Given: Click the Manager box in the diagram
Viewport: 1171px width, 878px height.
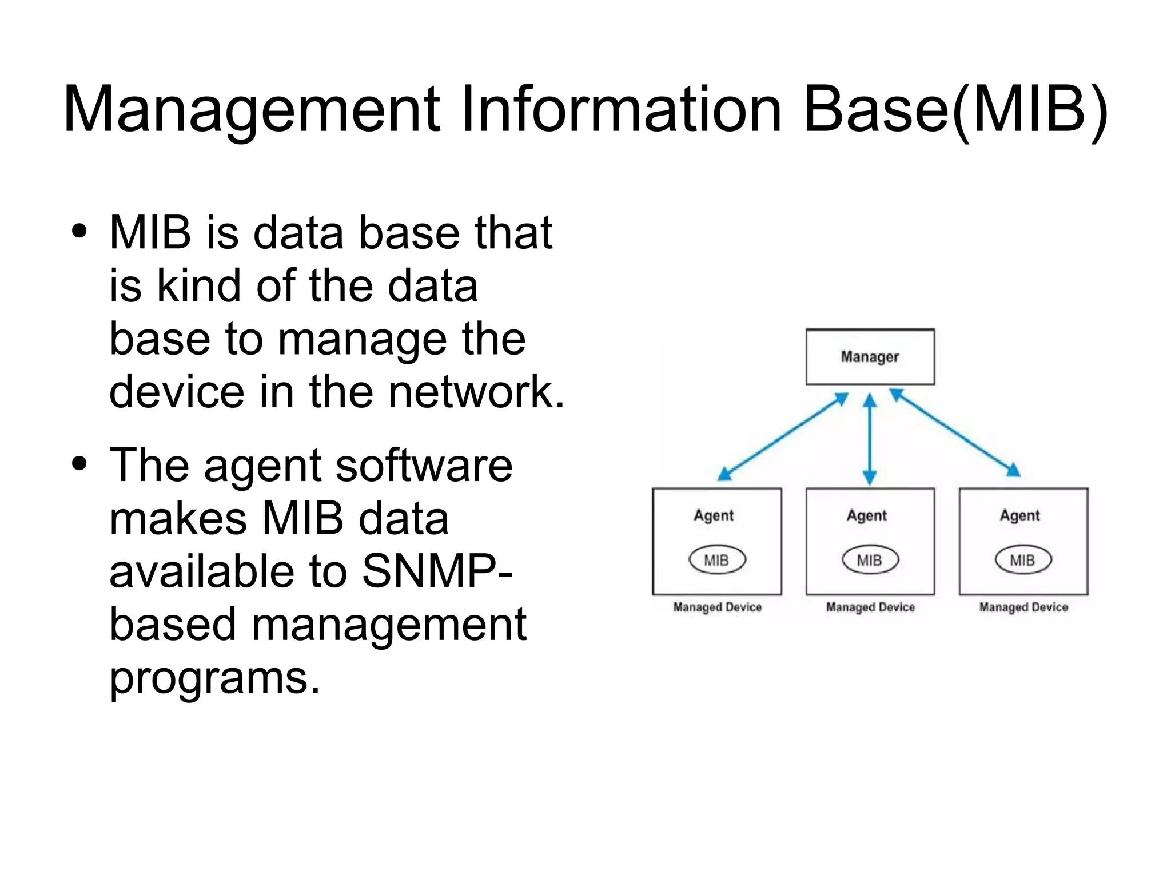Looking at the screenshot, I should pyautogui.click(x=870, y=357).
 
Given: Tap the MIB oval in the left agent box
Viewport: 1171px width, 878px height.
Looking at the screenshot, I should pyautogui.click(x=717, y=560).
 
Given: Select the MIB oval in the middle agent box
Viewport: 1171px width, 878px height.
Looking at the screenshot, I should pyautogui.click(x=870, y=560).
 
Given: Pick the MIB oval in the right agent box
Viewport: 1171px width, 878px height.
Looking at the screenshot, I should pyautogui.click(x=1023, y=560).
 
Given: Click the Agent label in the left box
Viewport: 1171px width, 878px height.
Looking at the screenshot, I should pyautogui.click(x=714, y=516).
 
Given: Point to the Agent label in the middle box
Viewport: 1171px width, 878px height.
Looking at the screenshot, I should pyautogui.click(x=867, y=516).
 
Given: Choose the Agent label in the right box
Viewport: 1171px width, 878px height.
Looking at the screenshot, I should pyautogui.click(x=1019, y=516).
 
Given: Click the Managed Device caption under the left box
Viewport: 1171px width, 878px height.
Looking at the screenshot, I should pyautogui.click(x=718, y=607).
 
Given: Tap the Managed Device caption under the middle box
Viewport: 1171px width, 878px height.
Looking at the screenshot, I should pyautogui.click(x=870, y=607).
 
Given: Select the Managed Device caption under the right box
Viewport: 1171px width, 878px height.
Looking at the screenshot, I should pyautogui.click(x=1023, y=607).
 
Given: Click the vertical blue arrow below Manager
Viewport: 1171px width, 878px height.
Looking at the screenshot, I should pyautogui.click(x=870, y=439).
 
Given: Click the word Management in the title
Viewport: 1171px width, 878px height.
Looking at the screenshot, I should pyautogui.click(x=252, y=110).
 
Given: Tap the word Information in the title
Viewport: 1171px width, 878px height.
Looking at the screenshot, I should pyautogui.click(x=621, y=110).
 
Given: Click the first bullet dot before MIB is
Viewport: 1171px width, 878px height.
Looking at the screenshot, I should pyautogui.click(x=79, y=232).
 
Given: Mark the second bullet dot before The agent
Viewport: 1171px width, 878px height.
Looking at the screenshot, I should pyautogui.click(x=79, y=463).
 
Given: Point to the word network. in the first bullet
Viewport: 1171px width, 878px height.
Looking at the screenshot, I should pyautogui.click(x=477, y=392).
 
